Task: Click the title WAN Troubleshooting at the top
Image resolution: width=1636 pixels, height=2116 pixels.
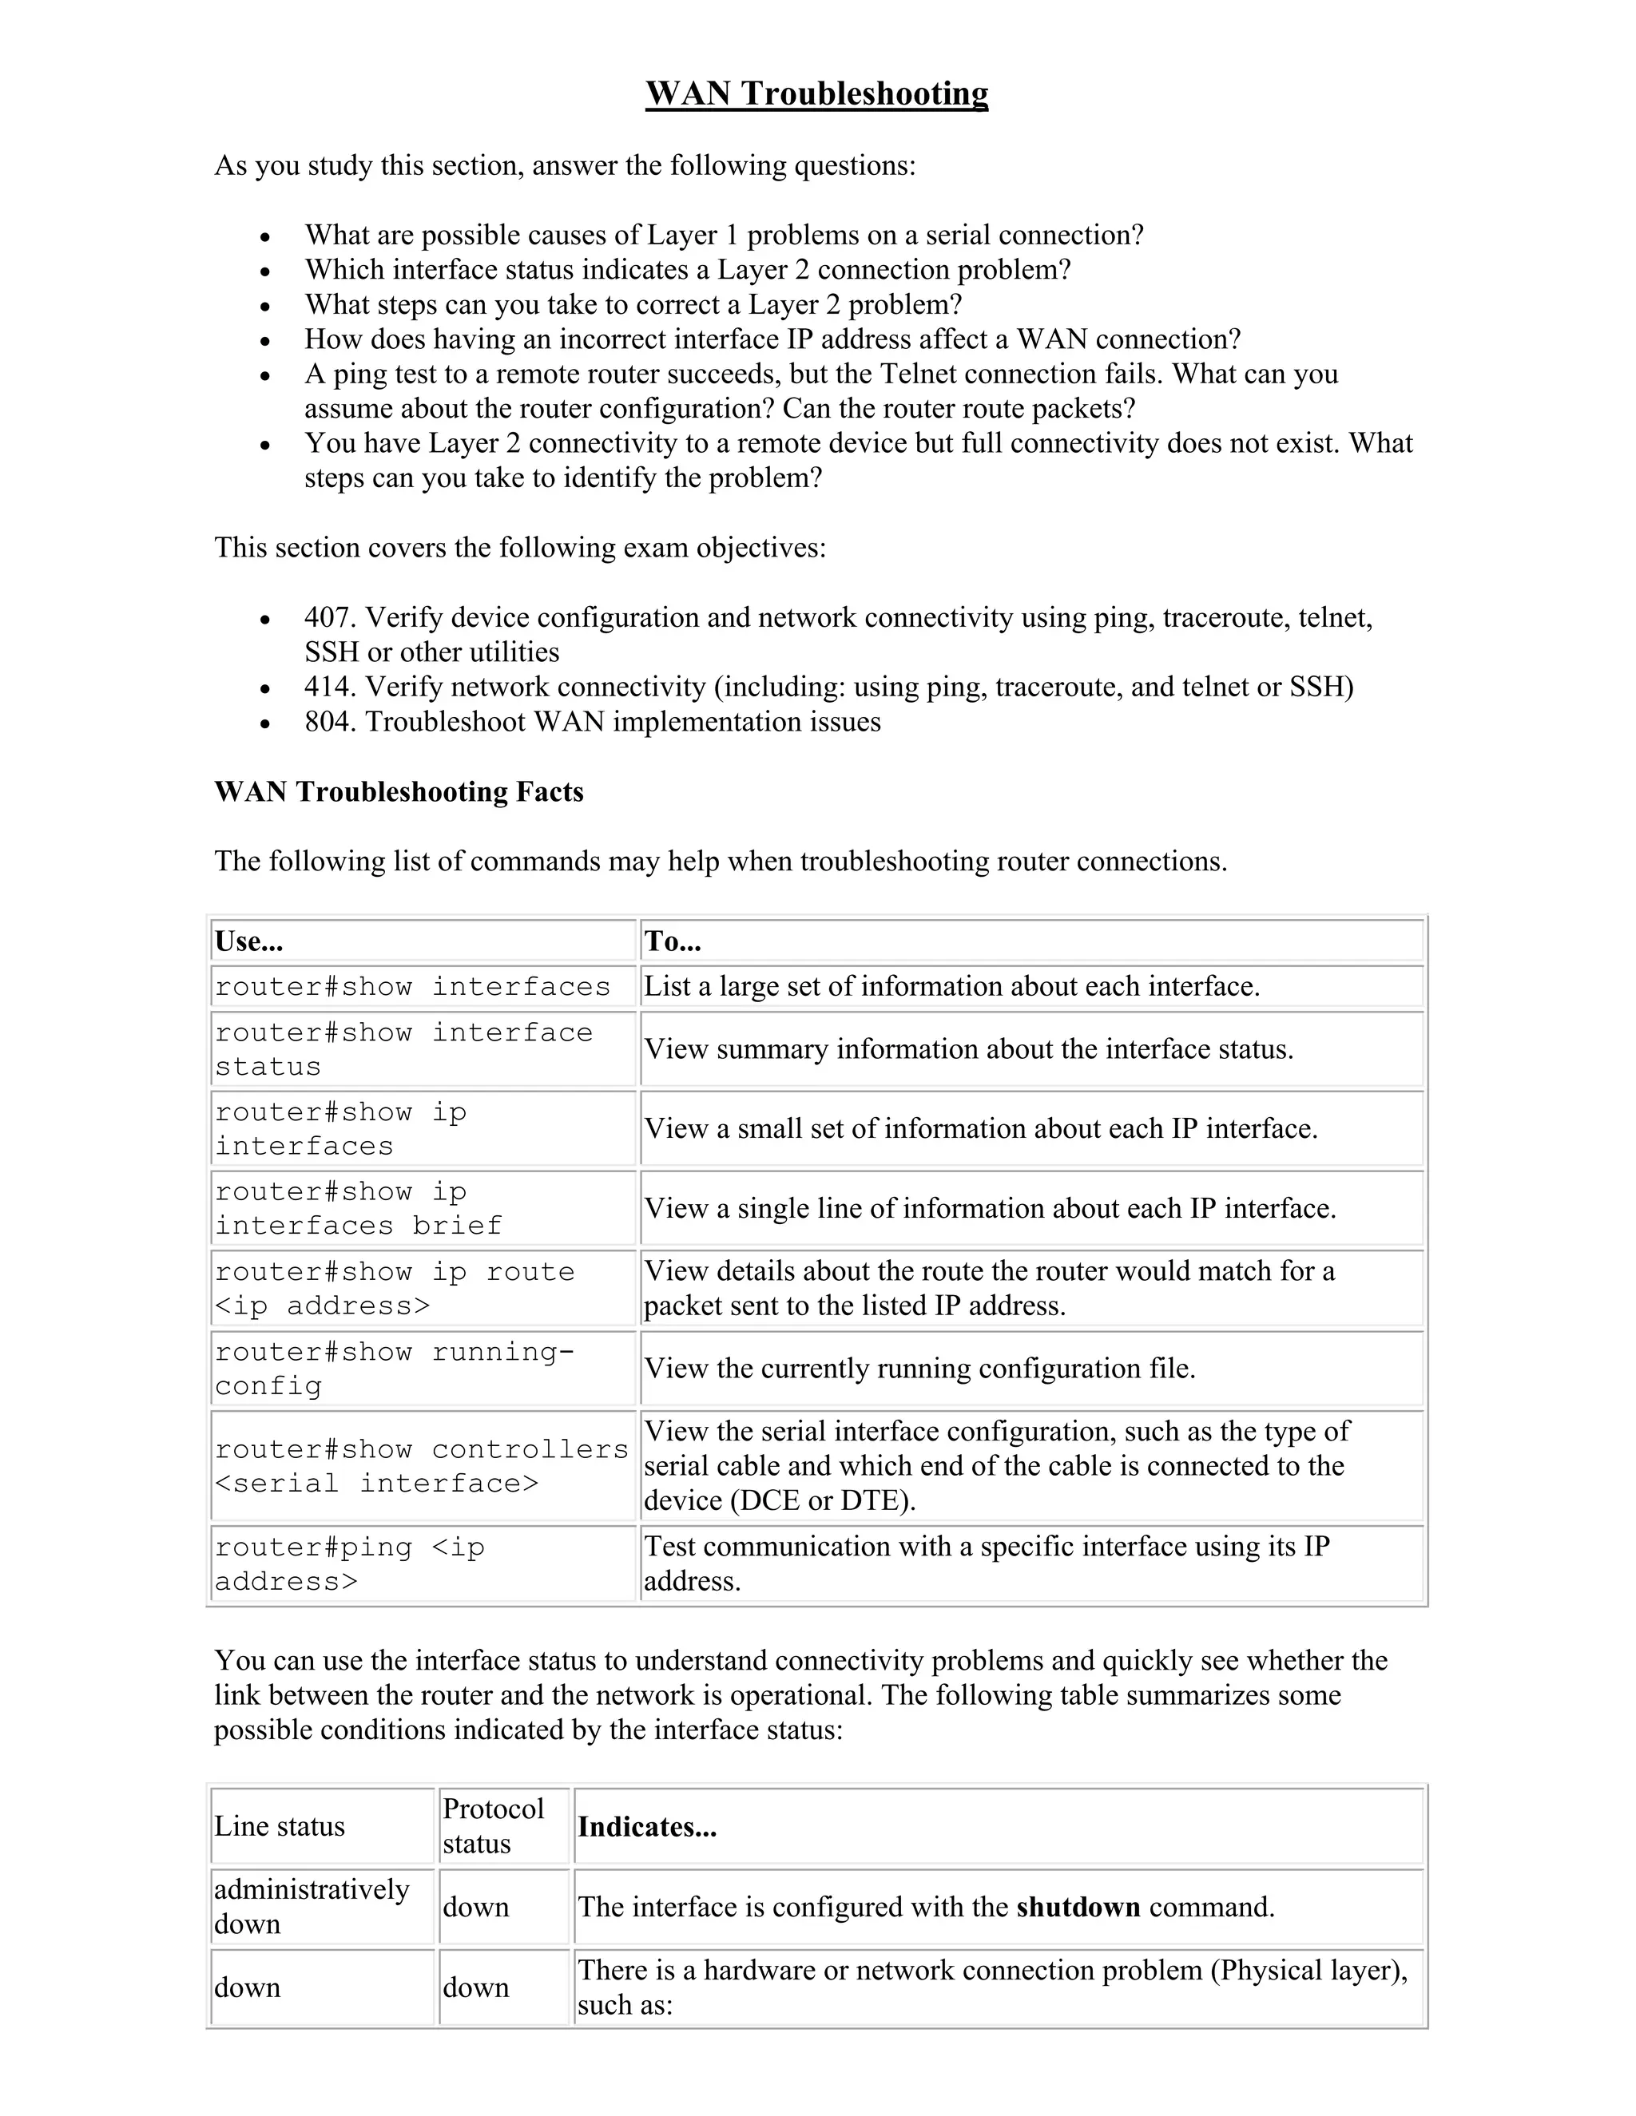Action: click(x=816, y=94)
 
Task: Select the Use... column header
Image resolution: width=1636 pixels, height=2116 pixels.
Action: click(x=249, y=941)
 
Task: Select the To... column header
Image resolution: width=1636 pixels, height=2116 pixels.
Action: click(x=673, y=941)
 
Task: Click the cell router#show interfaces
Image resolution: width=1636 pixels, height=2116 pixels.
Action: click(x=413, y=986)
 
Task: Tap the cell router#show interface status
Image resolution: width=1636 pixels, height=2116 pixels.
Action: click(x=403, y=1049)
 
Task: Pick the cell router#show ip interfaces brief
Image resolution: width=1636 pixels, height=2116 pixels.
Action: click(x=359, y=1208)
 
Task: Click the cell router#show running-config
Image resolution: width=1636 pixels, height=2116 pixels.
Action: click(x=394, y=1368)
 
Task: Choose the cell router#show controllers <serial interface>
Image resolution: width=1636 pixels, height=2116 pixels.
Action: click(x=422, y=1466)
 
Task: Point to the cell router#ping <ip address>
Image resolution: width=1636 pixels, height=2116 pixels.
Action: click(x=349, y=1563)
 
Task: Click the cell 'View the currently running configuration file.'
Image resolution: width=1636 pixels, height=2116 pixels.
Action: click(x=919, y=1368)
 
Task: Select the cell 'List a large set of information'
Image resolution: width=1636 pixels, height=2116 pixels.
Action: click(x=951, y=986)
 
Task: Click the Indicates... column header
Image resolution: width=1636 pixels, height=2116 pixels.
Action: click(x=646, y=1826)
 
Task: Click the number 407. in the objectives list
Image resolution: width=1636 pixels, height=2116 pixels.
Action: click(x=330, y=617)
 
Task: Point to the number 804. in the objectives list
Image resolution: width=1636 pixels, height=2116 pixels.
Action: click(x=330, y=722)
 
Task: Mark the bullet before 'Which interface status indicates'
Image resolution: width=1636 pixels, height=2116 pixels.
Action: click(x=265, y=271)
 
